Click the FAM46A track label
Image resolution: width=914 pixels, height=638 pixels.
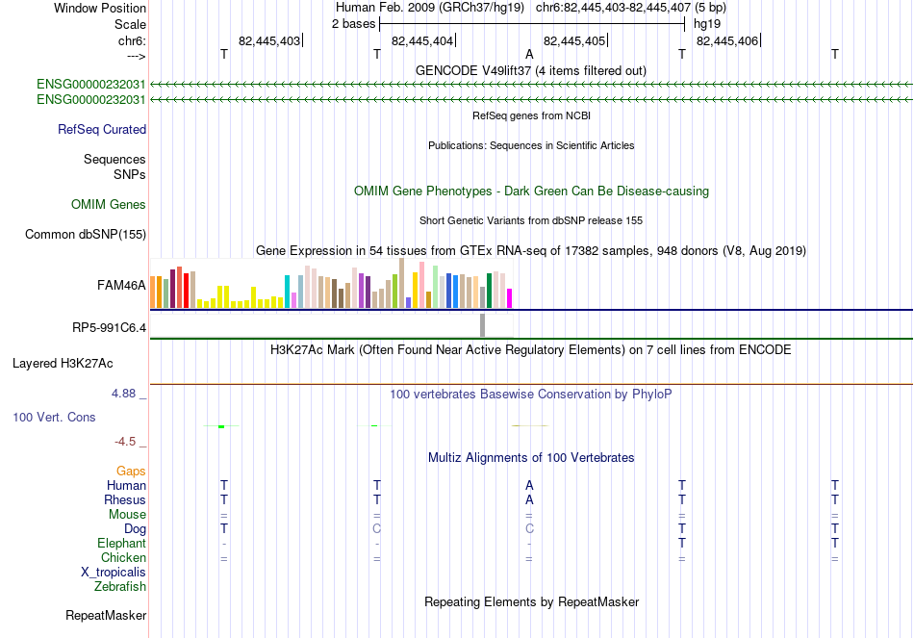(x=121, y=285)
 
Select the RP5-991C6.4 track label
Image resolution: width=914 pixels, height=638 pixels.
(x=109, y=328)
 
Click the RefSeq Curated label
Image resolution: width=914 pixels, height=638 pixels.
(x=102, y=130)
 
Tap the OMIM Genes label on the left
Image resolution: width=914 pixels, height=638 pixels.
(x=109, y=204)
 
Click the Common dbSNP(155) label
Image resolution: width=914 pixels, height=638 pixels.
(x=86, y=235)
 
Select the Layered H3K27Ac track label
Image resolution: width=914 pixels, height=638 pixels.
(x=63, y=364)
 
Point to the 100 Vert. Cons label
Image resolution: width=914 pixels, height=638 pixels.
(x=54, y=417)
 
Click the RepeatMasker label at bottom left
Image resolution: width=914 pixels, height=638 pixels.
(x=106, y=615)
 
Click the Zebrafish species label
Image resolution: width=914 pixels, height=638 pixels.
(x=120, y=587)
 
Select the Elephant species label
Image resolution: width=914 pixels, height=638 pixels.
(x=122, y=544)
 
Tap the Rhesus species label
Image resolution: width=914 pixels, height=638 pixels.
(x=125, y=499)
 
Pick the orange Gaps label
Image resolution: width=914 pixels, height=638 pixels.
(x=131, y=472)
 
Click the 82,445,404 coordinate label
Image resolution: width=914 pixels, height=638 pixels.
(x=422, y=40)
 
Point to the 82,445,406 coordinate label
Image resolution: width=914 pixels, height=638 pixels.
(x=727, y=40)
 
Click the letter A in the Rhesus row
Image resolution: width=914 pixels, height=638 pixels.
(x=529, y=499)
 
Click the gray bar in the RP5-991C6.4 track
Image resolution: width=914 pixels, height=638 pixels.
(x=483, y=325)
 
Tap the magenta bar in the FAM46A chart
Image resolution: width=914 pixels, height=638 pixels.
(x=510, y=298)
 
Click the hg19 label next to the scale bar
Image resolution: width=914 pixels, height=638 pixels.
(x=707, y=24)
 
